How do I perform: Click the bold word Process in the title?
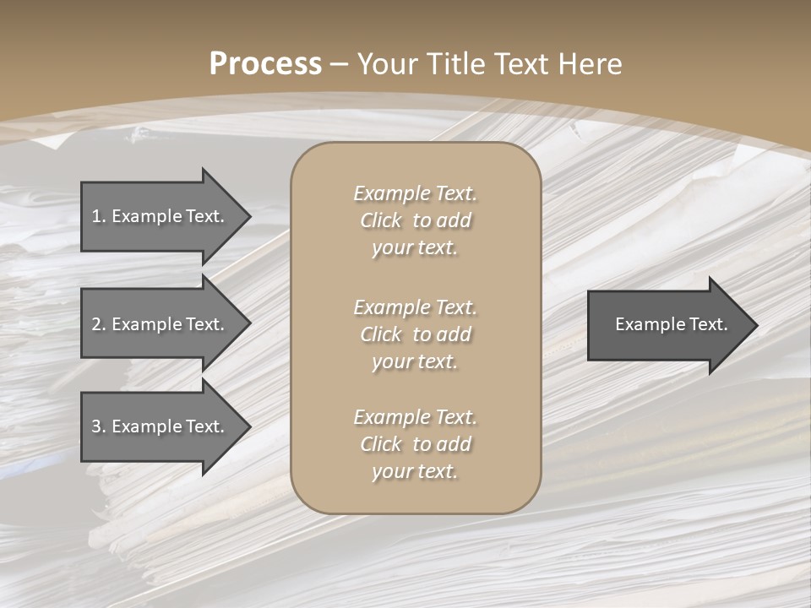coord(265,64)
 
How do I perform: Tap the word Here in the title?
coord(590,64)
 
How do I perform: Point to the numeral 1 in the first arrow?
coord(96,216)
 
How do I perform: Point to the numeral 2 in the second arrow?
coord(96,324)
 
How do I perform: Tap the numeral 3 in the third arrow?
coord(96,426)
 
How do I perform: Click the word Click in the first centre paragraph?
coord(381,220)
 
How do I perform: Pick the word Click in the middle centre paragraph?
coord(381,334)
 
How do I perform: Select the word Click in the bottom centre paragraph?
coord(381,444)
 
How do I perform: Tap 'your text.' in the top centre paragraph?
coord(415,248)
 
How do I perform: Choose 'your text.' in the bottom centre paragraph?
coord(415,472)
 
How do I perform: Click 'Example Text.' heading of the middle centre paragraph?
coord(415,307)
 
